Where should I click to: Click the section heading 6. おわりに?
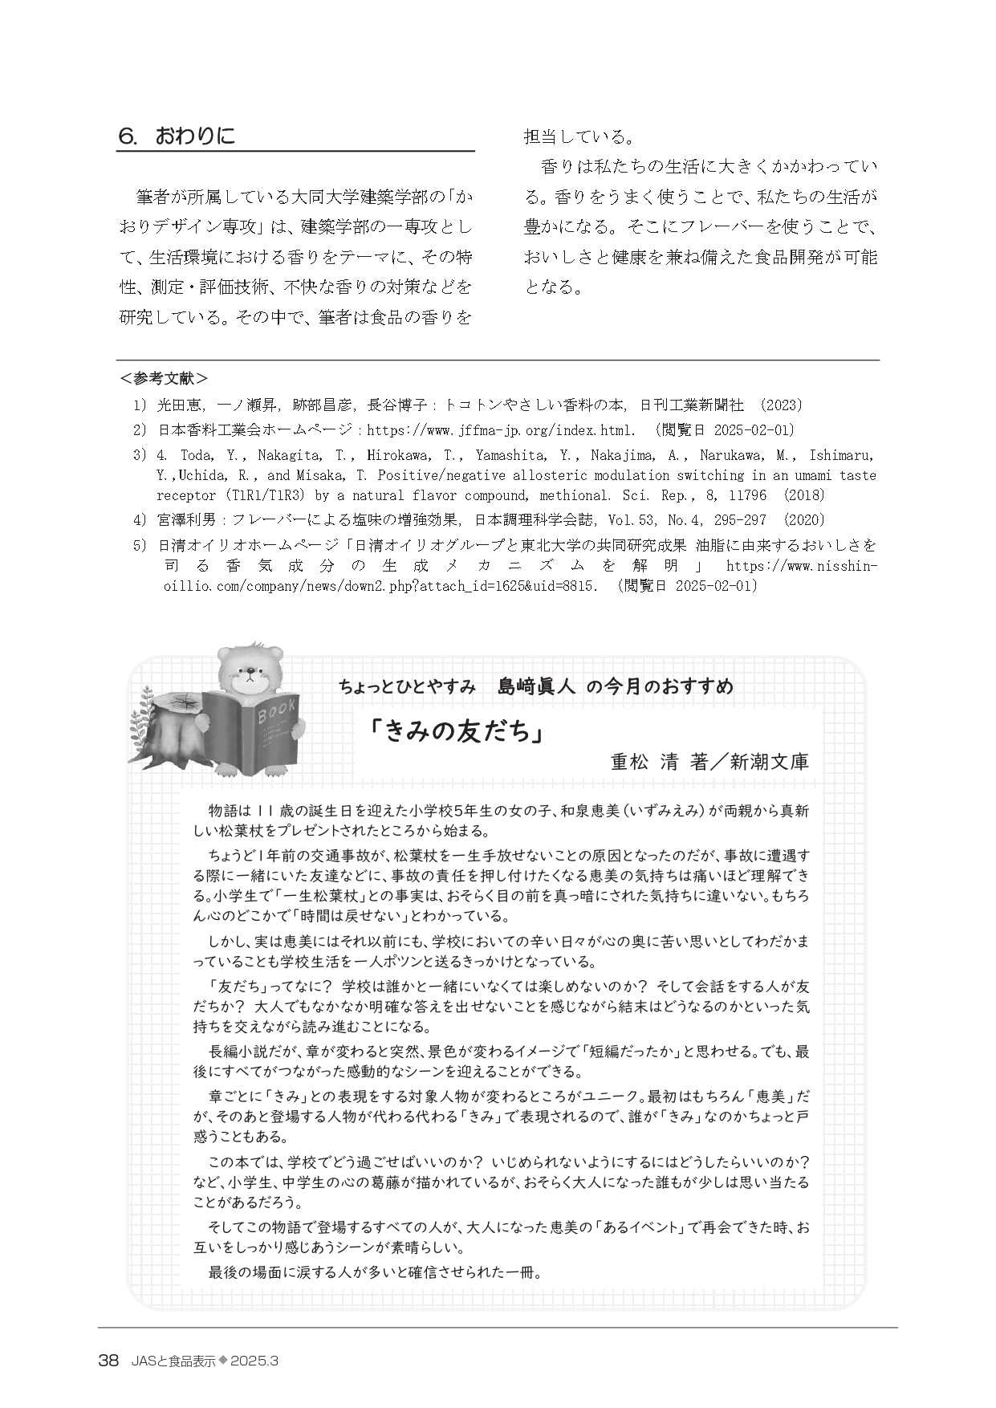177,136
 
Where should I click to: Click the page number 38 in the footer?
108,1361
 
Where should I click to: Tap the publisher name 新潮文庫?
769,762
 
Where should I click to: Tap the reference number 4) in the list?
140,520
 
